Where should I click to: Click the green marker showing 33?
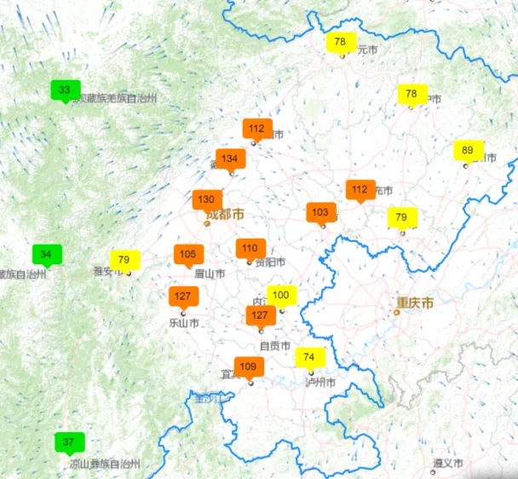click(65, 89)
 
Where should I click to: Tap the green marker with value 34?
click(47, 254)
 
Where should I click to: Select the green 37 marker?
click(69, 442)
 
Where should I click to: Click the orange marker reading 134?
click(230, 159)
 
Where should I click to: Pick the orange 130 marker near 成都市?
click(207, 199)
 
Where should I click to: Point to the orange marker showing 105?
click(188, 254)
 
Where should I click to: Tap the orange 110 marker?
click(250, 249)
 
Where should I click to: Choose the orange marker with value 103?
click(321, 212)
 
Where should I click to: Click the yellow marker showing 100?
click(281, 296)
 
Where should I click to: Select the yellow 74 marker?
click(309, 357)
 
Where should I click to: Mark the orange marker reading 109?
click(249, 367)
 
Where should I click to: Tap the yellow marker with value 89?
click(468, 151)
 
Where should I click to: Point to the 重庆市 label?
click(415, 303)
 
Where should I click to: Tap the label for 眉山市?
click(210, 274)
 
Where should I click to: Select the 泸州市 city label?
click(320, 382)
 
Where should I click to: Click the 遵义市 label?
click(447, 463)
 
